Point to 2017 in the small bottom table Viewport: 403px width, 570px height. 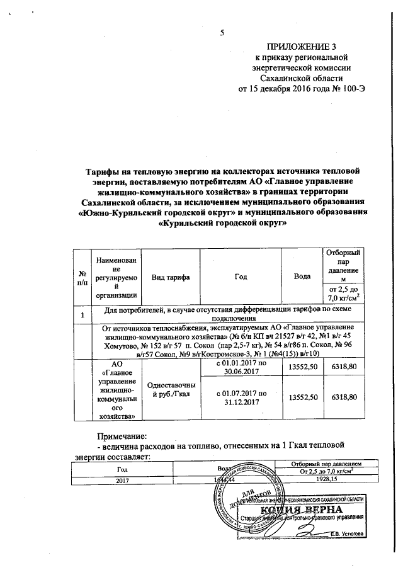pyautogui.click(x=121, y=480)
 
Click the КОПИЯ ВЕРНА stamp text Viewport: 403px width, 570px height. pyautogui.click(x=307, y=510)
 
